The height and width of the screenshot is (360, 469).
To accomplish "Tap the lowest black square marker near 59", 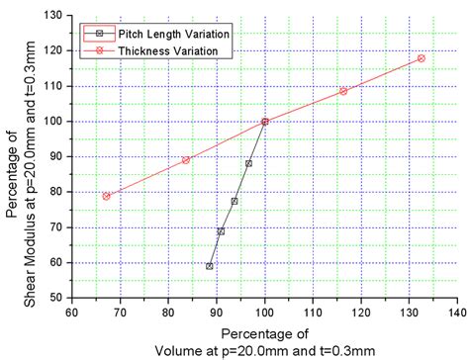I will click(x=210, y=266).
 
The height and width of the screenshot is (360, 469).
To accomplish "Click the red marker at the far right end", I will click(x=421, y=58).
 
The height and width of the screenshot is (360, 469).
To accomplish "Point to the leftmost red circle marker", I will click(x=106, y=196).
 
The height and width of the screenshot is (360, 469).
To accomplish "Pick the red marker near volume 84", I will click(x=186, y=160).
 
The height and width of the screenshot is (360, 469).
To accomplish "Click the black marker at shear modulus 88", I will click(x=248, y=163).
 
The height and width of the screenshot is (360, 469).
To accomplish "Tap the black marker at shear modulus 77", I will click(x=234, y=201).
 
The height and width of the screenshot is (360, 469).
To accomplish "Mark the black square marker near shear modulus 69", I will click(x=221, y=231).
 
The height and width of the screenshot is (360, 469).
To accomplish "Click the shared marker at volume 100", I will click(x=265, y=122).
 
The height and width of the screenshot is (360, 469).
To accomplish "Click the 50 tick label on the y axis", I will click(x=55, y=297).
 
